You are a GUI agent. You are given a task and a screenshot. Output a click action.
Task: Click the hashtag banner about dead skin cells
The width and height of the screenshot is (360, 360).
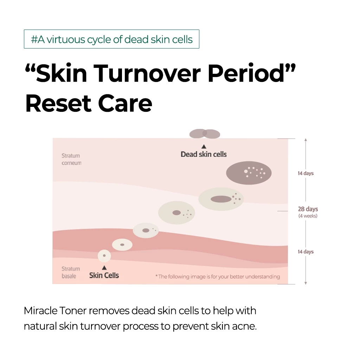[x=111, y=39]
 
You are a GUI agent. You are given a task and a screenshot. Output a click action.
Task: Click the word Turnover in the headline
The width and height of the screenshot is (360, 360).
[x=147, y=73]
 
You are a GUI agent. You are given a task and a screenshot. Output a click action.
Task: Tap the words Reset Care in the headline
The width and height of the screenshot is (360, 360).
[x=89, y=103]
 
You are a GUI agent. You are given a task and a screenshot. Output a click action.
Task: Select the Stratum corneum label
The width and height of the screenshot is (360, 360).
[x=71, y=159]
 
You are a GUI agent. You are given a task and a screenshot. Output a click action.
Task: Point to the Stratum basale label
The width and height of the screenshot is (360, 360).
[x=71, y=272]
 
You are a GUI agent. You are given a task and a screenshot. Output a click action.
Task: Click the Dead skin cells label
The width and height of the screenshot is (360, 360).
[x=204, y=154]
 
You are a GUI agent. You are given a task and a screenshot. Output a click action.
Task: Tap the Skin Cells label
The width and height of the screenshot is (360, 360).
[x=104, y=275]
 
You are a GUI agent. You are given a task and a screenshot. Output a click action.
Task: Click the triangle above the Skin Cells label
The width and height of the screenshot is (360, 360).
[x=104, y=268]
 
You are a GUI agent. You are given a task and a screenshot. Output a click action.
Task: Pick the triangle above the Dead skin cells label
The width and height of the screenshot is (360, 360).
[x=204, y=147]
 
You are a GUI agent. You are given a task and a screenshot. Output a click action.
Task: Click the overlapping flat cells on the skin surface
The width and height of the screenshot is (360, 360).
[x=205, y=134]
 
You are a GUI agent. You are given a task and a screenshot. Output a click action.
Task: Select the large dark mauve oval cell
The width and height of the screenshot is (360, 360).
[x=249, y=173]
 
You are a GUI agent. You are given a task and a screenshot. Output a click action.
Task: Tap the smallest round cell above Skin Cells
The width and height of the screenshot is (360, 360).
[x=104, y=256]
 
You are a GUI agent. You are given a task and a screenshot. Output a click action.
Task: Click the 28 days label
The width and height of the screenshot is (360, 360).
[x=308, y=209]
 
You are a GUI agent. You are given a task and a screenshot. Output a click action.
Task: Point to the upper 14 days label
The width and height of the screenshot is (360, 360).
[x=306, y=173]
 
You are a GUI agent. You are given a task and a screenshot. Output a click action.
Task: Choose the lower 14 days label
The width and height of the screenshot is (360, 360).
[x=306, y=252]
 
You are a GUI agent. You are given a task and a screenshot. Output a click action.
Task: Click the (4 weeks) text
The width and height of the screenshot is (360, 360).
[x=308, y=216]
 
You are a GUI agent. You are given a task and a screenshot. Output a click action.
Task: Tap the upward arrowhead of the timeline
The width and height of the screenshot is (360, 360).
[x=306, y=140]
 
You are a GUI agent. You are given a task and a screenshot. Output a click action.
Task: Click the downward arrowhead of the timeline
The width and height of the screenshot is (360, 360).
[x=306, y=283]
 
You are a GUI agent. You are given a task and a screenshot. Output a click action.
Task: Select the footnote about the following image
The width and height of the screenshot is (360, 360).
[x=218, y=277]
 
